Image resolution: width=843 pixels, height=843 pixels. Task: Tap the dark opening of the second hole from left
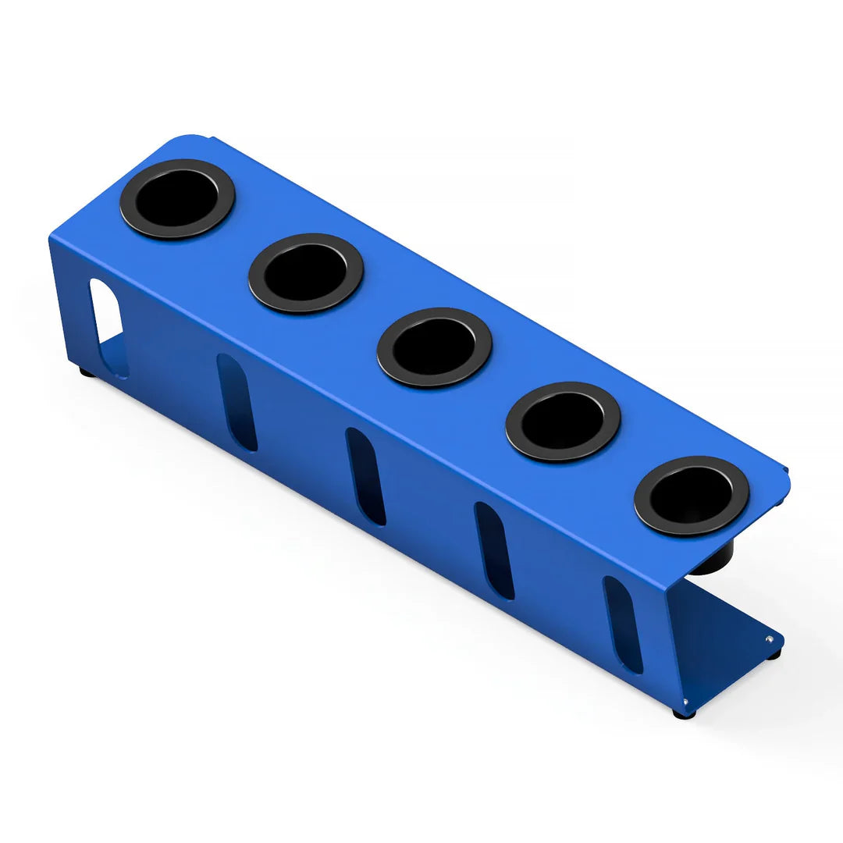coord(305,272)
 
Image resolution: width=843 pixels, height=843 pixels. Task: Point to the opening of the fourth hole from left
coord(562,421)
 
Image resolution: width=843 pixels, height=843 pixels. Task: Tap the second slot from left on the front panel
coord(237,402)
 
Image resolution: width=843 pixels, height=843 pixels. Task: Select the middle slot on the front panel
coord(365,476)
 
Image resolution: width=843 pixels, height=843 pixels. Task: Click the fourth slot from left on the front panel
coord(494,550)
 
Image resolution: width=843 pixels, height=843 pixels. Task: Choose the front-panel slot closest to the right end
coord(623,624)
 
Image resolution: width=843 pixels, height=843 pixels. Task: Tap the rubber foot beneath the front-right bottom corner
coord(684,713)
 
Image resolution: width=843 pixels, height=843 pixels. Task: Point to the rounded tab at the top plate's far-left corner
coord(187,140)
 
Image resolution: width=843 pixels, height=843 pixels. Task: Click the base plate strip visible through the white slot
coord(114,354)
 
